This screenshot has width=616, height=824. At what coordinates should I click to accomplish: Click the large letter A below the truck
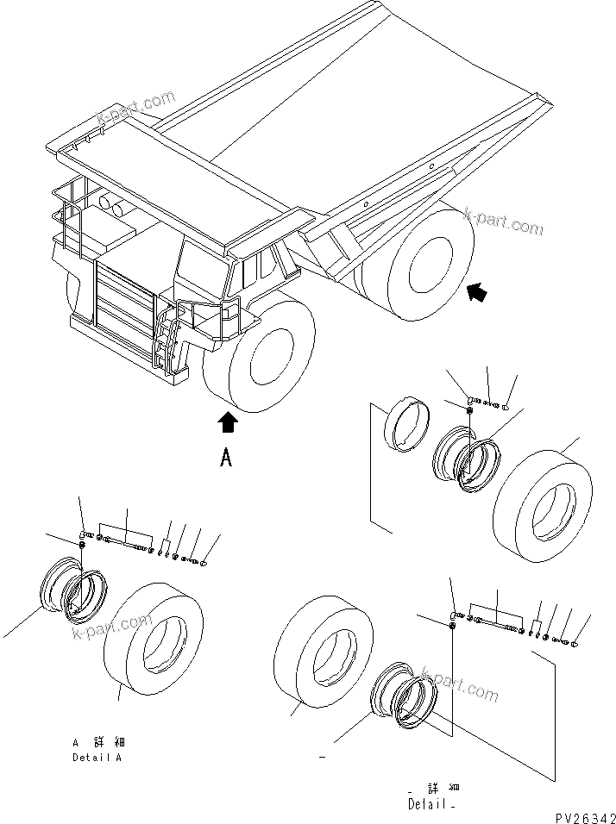coord(226,458)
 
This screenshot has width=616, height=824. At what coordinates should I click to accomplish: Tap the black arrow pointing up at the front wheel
coord(227,422)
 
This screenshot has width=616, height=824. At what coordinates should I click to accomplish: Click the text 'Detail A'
coord(97,758)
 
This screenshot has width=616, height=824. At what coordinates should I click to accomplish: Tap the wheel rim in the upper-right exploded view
coord(466,461)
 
